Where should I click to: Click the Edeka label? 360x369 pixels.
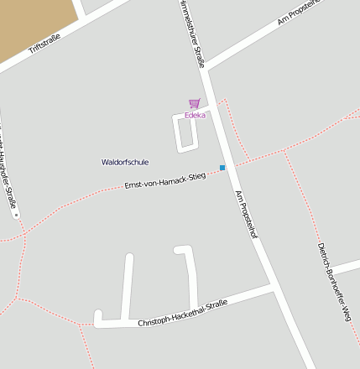195,115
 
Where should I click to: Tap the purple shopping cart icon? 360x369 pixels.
195,104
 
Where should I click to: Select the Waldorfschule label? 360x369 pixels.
125,162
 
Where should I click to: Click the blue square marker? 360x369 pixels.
222,168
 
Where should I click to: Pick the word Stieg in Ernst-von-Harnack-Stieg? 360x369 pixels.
196,175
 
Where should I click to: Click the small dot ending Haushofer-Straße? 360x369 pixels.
16,215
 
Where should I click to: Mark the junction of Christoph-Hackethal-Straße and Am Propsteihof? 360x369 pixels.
274,289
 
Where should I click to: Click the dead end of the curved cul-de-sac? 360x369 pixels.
179,251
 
